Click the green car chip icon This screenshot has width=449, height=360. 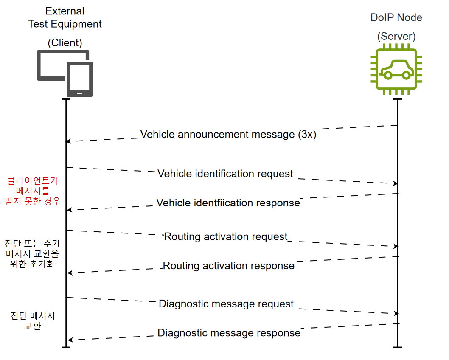(x=396, y=69)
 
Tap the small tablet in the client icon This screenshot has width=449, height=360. (x=80, y=79)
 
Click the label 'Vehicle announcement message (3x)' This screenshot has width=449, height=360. (x=228, y=134)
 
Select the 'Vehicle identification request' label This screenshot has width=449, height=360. (x=225, y=174)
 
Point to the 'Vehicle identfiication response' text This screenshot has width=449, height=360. (x=228, y=203)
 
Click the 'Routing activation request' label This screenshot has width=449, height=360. (x=226, y=237)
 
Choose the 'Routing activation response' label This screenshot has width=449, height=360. (x=228, y=266)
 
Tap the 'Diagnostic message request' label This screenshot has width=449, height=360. (x=226, y=304)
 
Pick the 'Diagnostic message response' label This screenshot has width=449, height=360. (x=229, y=333)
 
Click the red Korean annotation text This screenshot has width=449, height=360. (x=33, y=191)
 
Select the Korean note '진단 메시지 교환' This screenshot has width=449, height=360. (x=33, y=321)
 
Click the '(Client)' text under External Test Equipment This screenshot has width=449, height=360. (x=65, y=43)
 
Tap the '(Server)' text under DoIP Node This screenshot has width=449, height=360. (x=396, y=37)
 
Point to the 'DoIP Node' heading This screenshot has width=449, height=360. (x=396, y=17)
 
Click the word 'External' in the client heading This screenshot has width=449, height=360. (x=65, y=11)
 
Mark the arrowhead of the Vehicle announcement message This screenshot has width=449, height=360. (x=68, y=141)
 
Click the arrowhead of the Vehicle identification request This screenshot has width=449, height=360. (x=396, y=183)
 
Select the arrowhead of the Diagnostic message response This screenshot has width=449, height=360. (x=70, y=340)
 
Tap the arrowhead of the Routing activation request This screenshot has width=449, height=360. (x=396, y=246)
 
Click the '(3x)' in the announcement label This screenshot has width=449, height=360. (x=307, y=134)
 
